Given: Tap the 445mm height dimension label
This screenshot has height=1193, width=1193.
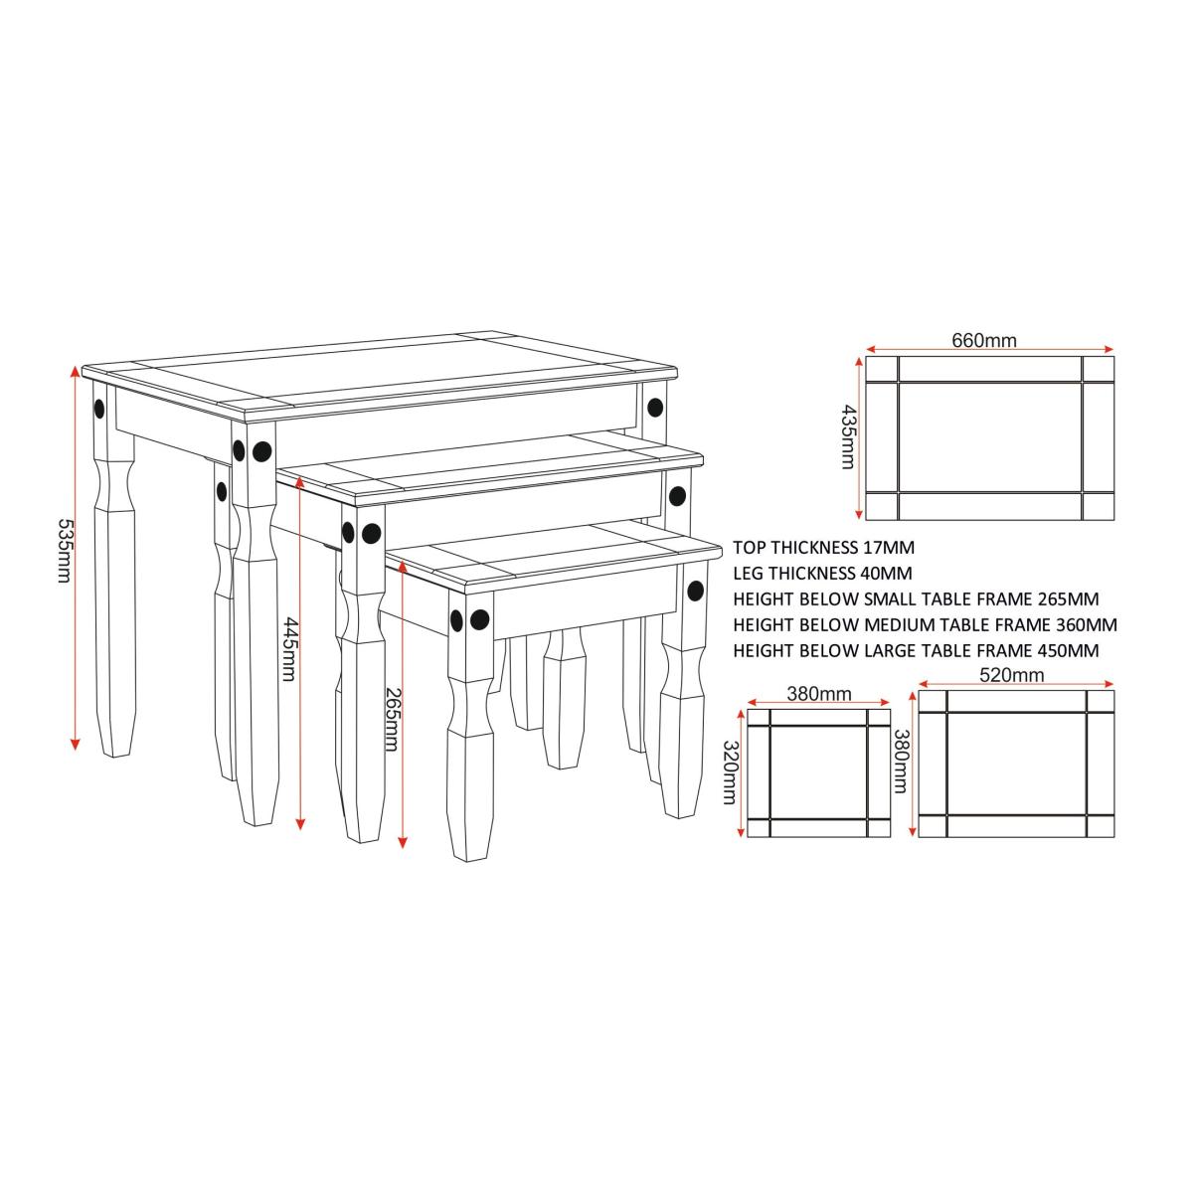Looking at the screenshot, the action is point(289,648).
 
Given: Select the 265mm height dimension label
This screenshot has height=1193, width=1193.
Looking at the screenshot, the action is point(392,719).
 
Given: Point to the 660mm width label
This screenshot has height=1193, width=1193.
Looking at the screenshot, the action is point(984,340).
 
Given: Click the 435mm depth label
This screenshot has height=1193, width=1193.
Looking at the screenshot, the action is point(848,437).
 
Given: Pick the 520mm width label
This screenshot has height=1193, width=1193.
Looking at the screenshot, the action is point(1012,675).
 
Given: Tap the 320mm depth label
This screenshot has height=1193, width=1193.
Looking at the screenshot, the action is point(731,773).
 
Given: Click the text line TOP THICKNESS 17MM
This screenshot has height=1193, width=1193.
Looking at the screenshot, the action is point(824,547).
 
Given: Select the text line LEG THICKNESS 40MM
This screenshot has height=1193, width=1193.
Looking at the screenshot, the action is point(823,574).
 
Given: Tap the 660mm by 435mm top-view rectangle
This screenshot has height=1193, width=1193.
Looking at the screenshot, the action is point(989,437).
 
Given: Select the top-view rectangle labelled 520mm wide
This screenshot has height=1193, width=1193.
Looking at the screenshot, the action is point(1016,764).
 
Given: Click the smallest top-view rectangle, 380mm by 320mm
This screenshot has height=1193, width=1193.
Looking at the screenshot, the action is point(818,773).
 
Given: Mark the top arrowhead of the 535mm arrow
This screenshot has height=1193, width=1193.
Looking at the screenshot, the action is point(76,370).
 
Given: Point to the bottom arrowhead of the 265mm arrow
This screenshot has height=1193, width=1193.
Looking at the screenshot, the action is point(403,843).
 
